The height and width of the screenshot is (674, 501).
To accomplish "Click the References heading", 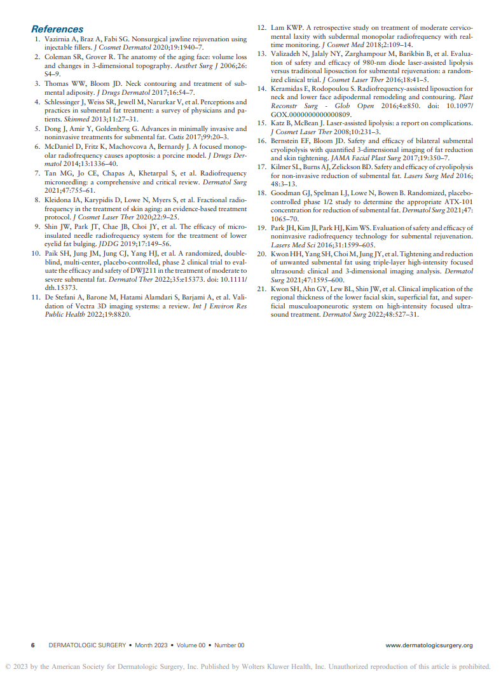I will [x=57, y=29].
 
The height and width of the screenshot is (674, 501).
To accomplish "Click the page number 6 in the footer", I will [x=33, y=645].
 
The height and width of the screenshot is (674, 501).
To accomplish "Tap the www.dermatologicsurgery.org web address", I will [x=429, y=645].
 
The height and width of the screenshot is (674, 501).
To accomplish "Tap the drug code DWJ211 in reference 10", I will [x=137, y=270].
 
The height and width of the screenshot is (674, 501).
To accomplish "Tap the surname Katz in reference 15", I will [x=279, y=123].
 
